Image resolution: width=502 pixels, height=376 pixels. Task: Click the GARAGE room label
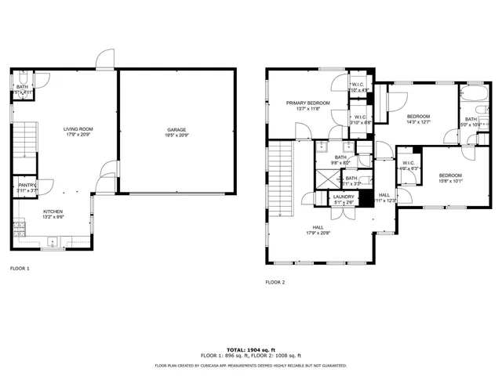click(x=176, y=129)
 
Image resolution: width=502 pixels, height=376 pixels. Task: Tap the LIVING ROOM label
click(x=78, y=129)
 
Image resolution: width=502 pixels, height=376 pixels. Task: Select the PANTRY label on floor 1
click(x=27, y=185)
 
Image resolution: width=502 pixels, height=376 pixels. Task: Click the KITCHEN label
click(x=53, y=211)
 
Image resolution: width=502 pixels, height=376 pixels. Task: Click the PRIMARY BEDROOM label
click(x=307, y=103)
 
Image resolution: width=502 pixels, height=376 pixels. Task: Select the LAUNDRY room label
click(x=344, y=197)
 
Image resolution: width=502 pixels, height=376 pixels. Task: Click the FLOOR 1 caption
click(x=20, y=269)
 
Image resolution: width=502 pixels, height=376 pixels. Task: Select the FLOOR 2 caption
click(x=275, y=281)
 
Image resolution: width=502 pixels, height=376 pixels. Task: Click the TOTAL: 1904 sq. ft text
click(x=250, y=349)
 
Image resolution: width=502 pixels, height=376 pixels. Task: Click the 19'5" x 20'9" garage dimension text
click(x=176, y=136)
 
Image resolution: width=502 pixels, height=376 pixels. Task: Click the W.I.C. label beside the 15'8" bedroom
click(x=409, y=163)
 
